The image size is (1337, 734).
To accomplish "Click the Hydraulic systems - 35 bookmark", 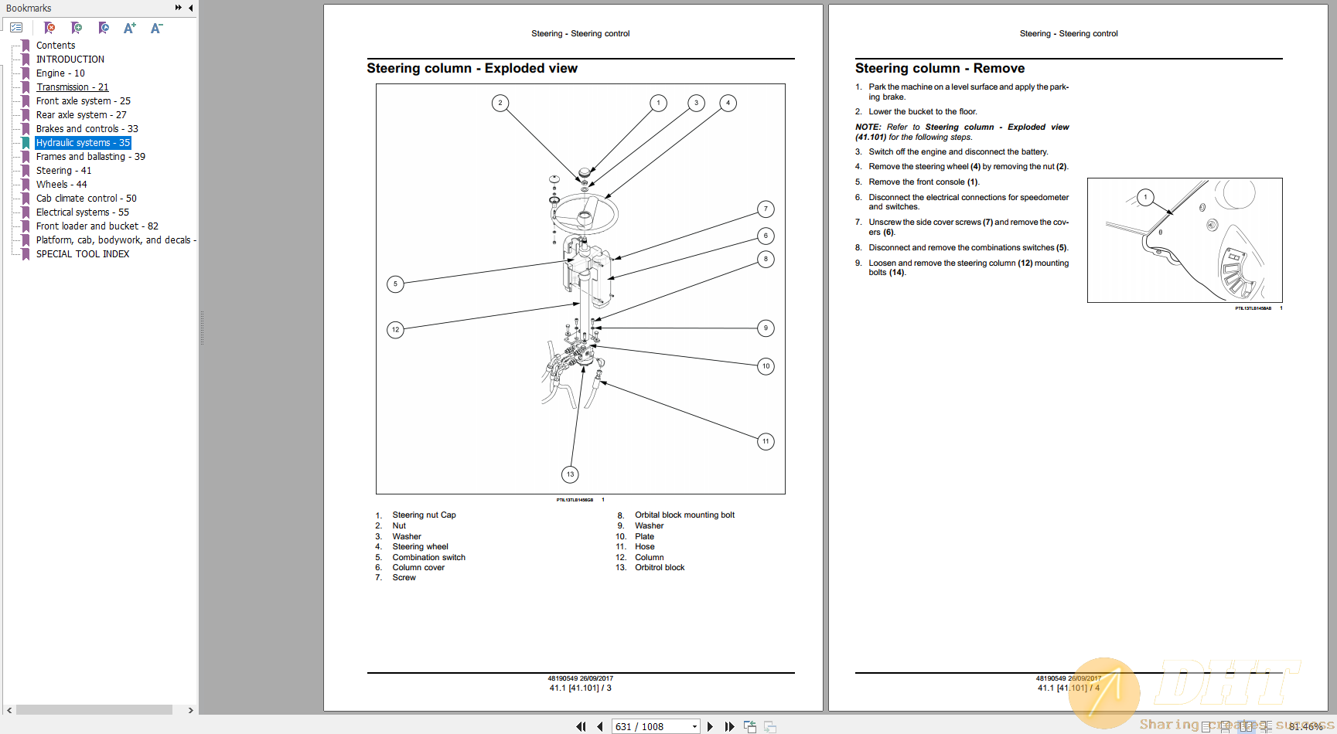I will [x=83, y=143].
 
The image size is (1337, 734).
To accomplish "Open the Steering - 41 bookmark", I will [x=63, y=171].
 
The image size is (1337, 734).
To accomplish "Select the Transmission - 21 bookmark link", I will [x=72, y=87].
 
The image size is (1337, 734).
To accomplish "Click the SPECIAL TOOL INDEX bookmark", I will [x=83, y=254].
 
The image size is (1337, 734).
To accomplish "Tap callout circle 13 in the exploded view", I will [x=570, y=474].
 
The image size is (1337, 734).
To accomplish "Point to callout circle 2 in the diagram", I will [x=500, y=103].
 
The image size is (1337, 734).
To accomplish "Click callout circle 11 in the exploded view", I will [x=766, y=442].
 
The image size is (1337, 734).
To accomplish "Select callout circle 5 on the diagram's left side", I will [x=395, y=284].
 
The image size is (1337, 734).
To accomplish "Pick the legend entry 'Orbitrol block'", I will [x=660, y=568].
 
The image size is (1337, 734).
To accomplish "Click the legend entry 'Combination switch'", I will [x=428, y=558].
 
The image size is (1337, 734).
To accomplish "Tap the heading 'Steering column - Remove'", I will [x=940, y=69].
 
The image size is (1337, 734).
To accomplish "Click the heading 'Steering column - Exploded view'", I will [x=472, y=69].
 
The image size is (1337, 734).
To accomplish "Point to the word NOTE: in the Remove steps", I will [x=868, y=127].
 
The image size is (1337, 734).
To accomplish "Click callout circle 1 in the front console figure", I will [x=1145, y=197].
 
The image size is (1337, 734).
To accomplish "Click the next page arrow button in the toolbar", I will [x=710, y=727].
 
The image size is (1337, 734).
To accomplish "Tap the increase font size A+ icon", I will [x=129, y=29].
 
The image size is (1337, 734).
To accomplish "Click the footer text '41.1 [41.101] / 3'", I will [x=580, y=688].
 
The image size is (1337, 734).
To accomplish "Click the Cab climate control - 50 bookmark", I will [x=86, y=199].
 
